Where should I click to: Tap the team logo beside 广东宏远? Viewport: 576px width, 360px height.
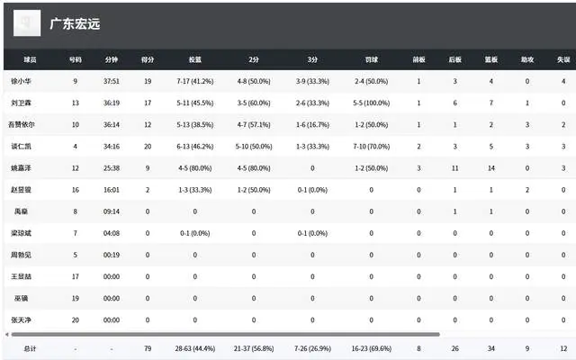[28, 24]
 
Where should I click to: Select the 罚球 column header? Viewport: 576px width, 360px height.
[371, 59]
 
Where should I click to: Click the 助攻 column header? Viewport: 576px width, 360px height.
[526, 59]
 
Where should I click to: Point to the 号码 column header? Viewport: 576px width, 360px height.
[75, 59]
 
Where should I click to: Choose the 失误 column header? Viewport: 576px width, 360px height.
[563, 59]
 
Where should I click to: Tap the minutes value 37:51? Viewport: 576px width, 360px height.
[112, 82]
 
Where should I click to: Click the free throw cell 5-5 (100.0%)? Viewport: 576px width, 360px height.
[371, 103]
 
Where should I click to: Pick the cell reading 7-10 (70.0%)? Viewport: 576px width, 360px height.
[371, 147]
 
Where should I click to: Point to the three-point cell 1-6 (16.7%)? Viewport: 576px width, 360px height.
[312, 125]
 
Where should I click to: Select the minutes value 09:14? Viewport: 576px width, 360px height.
[112, 211]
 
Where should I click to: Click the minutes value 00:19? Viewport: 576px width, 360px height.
[112, 255]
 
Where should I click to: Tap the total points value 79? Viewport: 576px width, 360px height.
[148, 347]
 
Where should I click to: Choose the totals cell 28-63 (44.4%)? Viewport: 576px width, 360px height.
[194, 347]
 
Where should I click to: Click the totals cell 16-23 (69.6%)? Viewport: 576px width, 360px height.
[371, 347]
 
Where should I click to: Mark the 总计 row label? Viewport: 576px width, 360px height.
[20, 347]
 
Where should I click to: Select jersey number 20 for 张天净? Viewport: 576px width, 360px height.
[75, 319]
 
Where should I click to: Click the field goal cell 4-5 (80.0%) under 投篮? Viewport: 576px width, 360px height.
[194, 168]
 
